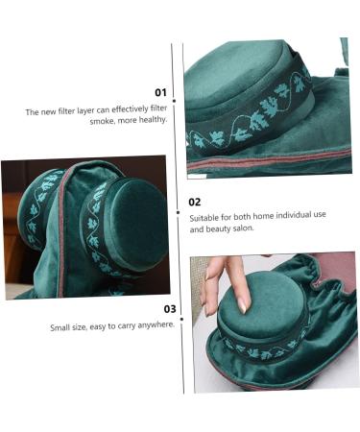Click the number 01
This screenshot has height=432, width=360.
tap(160, 93)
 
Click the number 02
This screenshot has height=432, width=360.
tap(195, 202)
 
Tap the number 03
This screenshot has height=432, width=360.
tap(169, 309)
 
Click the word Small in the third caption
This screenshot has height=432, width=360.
tap(60, 327)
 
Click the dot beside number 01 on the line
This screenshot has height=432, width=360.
tap(182, 94)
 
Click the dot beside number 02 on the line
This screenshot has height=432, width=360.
tap(182, 202)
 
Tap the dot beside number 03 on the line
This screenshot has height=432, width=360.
tap(182, 309)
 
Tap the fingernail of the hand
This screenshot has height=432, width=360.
tap(244, 304)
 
